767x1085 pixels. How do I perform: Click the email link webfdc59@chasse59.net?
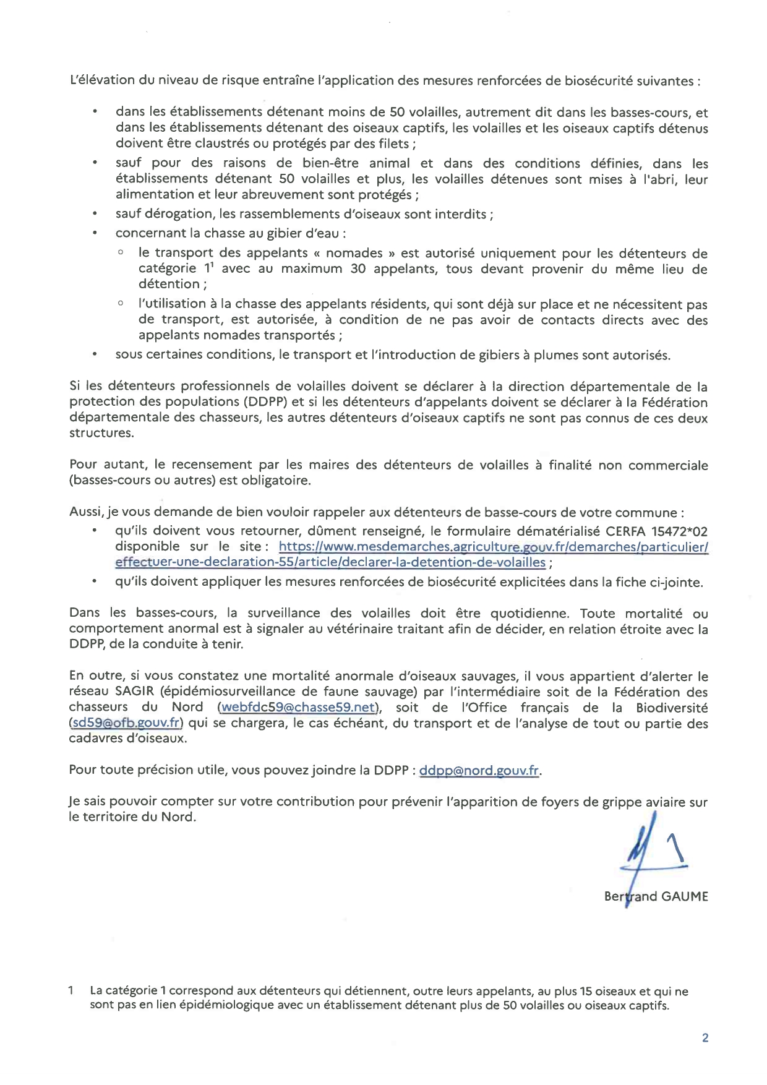pos(298,707)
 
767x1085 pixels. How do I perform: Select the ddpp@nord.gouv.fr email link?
pos(479,771)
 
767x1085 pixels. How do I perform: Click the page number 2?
pos(705,1038)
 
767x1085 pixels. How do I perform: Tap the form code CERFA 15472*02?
pos(656,531)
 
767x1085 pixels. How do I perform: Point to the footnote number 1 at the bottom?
pos(72,990)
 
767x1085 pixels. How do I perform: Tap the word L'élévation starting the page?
pos(101,80)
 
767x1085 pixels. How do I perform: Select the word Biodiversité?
pos(672,707)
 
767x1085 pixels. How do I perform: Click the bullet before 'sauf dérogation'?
pos(95,214)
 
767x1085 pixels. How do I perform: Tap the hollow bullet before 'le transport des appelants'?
pos(121,253)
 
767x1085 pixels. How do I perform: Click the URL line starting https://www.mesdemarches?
pos(493,547)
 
